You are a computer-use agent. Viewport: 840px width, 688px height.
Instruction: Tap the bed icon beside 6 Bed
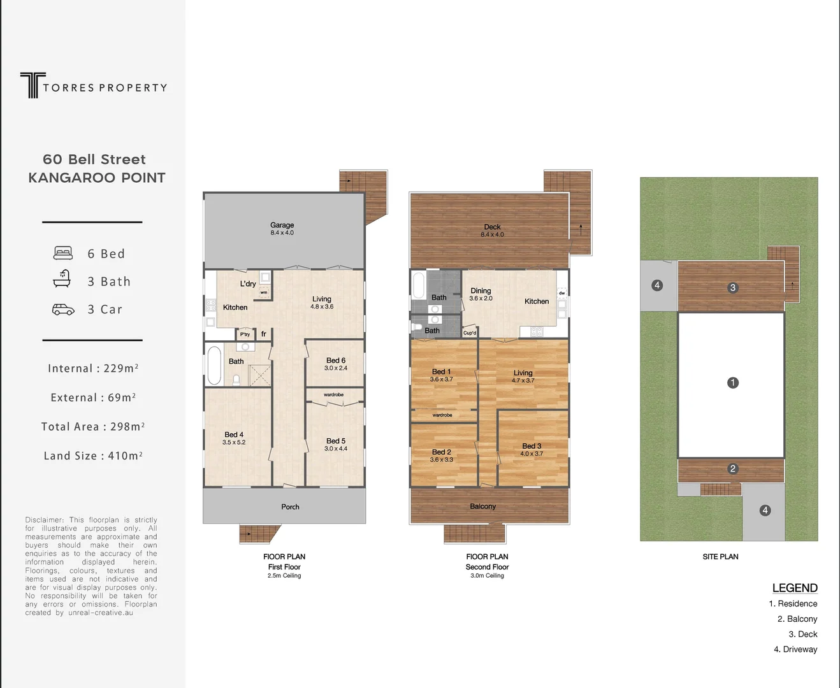click(63, 254)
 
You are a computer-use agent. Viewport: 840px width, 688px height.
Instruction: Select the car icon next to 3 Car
click(63, 310)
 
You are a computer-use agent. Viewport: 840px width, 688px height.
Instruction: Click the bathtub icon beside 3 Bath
click(62, 280)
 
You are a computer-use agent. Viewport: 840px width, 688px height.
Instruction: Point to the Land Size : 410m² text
click(93, 455)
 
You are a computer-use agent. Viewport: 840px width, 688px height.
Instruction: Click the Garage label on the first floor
click(282, 225)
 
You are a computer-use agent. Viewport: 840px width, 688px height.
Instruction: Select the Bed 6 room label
click(335, 361)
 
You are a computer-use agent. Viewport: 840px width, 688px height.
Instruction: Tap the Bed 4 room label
click(234, 435)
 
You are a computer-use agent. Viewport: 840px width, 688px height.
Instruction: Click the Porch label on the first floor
click(290, 507)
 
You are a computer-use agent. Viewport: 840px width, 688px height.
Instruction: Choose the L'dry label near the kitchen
click(248, 284)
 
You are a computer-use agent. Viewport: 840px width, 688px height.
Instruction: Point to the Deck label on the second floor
click(492, 227)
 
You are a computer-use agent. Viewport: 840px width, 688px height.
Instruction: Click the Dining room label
click(481, 291)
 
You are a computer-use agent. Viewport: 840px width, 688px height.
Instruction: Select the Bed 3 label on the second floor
click(532, 447)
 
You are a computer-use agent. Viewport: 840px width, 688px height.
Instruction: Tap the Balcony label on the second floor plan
click(482, 506)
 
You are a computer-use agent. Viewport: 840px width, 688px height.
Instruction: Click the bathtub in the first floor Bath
click(214, 366)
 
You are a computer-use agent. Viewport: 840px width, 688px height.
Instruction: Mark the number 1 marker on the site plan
click(733, 383)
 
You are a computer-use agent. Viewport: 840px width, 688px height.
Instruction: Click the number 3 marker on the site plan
click(733, 288)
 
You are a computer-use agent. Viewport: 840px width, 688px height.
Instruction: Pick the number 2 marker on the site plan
click(733, 469)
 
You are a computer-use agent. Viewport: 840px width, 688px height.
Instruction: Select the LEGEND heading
click(794, 588)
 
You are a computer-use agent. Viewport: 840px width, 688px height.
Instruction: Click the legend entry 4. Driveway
click(795, 649)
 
